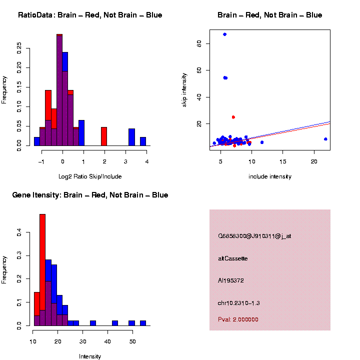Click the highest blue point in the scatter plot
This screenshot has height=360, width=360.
[x=224, y=34]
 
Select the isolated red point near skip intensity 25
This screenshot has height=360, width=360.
[x=233, y=117]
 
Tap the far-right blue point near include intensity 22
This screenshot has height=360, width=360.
[x=325, y=139]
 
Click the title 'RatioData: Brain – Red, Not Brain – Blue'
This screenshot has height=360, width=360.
[x=90, y=15]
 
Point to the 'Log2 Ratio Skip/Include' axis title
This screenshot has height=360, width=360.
[x=90, y=176]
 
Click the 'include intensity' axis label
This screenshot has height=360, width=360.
[x=270, y=176]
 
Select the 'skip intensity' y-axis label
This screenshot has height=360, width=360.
[x=184, y=88]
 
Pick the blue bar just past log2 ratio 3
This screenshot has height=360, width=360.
[x=132, y=137]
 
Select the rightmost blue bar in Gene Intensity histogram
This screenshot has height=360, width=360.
[x=143, y=323]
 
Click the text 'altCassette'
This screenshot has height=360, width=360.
[x=232, y=258]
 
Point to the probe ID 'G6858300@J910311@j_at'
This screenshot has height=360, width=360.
[x=254, y=236]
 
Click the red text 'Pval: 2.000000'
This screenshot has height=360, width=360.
[x=238, y=319]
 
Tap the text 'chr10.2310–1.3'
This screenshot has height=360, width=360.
[x=238, y=303]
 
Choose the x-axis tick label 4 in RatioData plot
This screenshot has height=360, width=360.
[x=147, y=161]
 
